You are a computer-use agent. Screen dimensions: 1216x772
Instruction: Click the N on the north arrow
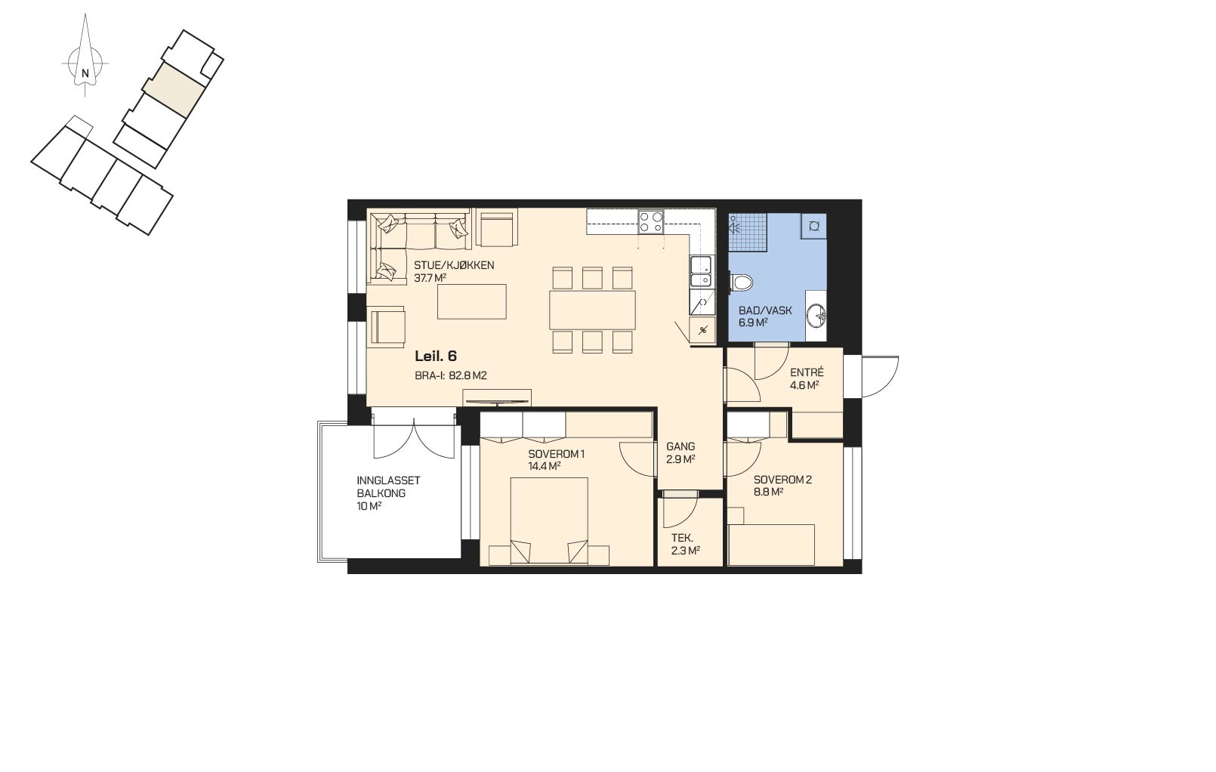(85, 73)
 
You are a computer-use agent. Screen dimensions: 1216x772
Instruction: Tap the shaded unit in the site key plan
(174, 89)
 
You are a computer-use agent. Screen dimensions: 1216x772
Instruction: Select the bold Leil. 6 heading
(435, 356)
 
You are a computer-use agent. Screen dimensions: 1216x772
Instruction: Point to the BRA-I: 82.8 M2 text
(451, 375)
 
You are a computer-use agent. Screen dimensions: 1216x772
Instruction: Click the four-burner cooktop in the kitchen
(651, 221)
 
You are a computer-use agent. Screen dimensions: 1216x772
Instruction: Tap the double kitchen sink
(701, 271)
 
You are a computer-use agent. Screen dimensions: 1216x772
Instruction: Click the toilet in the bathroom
(740, 283)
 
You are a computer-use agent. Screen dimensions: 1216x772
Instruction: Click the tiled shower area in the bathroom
(748, 232)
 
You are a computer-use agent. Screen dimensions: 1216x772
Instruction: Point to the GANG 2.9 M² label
(681, 452)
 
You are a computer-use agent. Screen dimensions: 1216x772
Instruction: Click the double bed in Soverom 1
(549, 522)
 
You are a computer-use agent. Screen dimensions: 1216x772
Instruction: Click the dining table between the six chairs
(592, 310)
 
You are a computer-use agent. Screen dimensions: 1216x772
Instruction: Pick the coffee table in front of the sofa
(472, 302)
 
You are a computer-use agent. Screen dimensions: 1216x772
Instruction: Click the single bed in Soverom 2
(771, 545)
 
